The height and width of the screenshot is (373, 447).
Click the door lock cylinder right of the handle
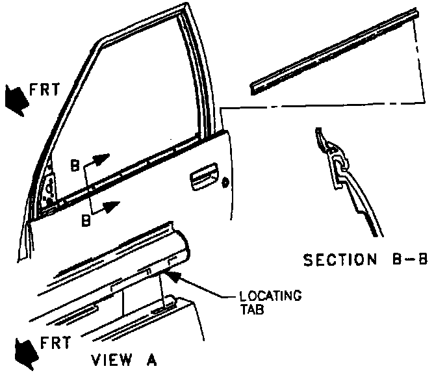click(x=225, y=182)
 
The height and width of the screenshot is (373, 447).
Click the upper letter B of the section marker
click(x=75, y=166)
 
